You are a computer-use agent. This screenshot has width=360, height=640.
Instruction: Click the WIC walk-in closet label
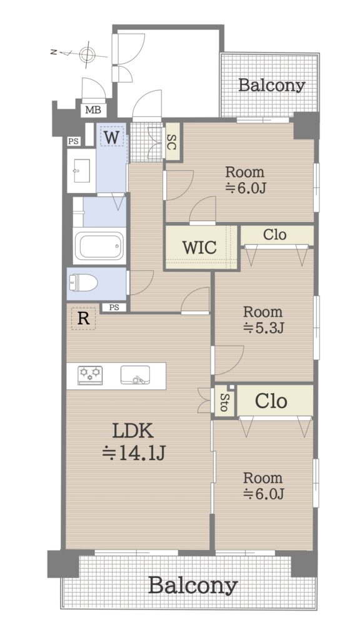pos(199,247)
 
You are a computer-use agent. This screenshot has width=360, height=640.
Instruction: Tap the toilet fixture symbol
pos(83,283)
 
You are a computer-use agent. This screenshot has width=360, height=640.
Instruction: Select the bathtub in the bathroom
pos(99,246)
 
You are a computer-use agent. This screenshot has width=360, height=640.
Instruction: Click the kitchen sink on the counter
pos(135,375)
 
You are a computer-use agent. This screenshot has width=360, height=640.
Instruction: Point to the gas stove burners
pos(90,375)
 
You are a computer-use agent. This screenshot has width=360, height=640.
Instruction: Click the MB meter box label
pos(93,110)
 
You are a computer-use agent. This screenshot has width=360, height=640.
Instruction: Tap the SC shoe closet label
pos(171,141)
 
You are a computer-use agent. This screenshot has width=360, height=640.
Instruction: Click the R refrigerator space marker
pos(83,318)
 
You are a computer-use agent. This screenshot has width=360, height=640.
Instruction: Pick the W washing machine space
pos(111,137)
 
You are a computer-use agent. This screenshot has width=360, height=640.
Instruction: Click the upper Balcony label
pos(271,85)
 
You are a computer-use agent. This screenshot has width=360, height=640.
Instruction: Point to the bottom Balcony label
pos(192,586)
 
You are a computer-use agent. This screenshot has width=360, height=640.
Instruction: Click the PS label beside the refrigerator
pos(114,307)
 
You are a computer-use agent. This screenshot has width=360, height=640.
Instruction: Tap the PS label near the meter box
pos(74,142)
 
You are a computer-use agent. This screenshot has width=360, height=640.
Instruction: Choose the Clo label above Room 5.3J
pos(275,235)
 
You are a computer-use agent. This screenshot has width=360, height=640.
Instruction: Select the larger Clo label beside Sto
pos(271,401)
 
